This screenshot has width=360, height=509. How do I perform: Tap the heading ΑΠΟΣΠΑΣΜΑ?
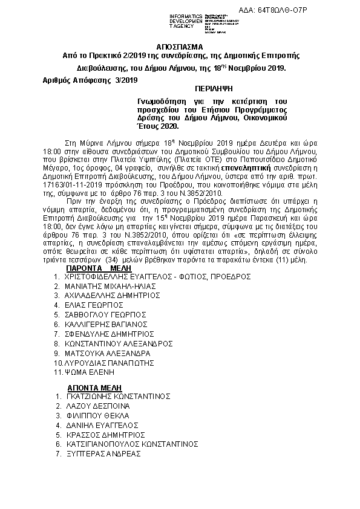pos(180,46)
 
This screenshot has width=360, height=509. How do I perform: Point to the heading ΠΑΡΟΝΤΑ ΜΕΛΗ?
pos(94,267)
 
